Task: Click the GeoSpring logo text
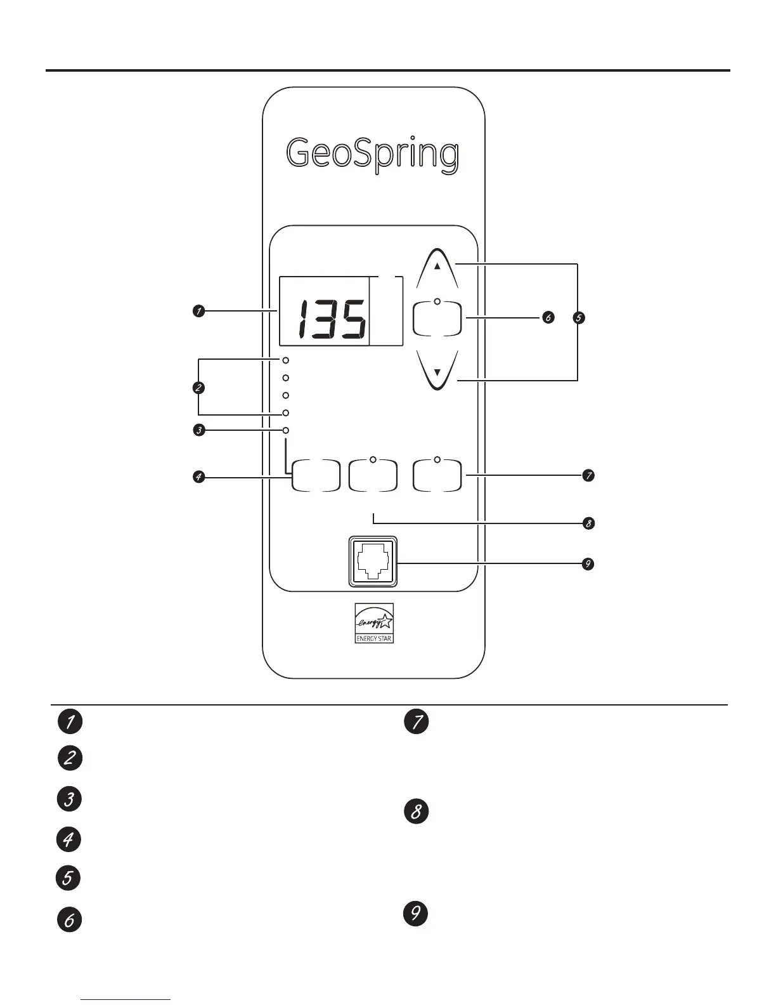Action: (372, 154)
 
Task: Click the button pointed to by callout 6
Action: (437, 319)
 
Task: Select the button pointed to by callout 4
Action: (315, 476)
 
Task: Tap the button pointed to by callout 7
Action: (437, 476)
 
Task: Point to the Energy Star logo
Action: (374, 623)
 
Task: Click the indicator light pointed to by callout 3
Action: (286, 430)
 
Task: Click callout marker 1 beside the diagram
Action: (199, 311)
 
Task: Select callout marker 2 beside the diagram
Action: (199, 387)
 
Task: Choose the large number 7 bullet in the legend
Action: (417, 723)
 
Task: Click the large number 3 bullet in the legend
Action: (69, 799)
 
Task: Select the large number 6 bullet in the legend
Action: (69, 919)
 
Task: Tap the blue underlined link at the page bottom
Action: (126, 999)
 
